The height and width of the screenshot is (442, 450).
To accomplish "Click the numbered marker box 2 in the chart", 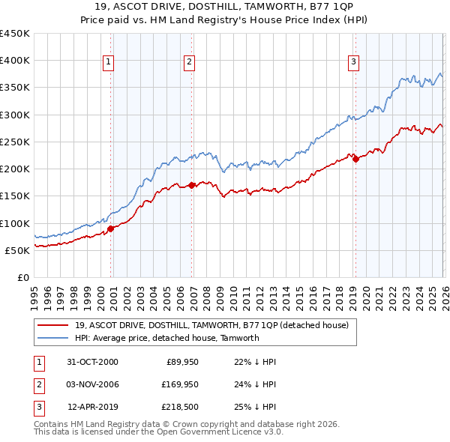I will click(190, 62).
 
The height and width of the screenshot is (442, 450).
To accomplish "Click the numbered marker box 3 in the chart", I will click(353, 62).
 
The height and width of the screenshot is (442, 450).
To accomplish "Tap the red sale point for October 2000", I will click(111, 228).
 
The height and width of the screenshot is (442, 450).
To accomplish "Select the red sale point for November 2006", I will click(192, 184).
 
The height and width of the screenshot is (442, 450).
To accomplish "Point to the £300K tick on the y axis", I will click(15, 115).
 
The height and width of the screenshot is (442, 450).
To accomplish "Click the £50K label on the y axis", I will click(18, 250).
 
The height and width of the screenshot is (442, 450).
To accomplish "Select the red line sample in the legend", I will click(53, 326).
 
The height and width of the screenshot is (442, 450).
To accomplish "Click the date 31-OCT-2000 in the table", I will click(92, 362).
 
